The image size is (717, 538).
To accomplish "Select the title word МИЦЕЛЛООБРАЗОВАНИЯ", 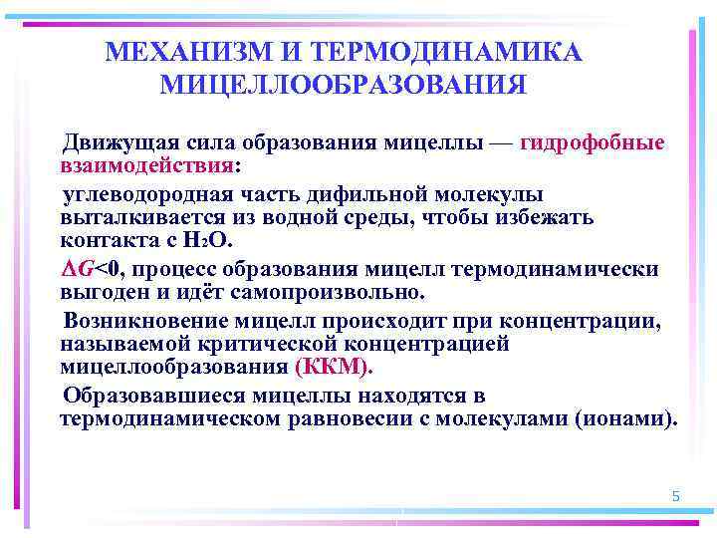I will (x=343, y=85).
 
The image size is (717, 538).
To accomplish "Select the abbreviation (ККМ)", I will (x=333, y=367).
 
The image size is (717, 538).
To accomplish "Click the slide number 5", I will (x=676, y=496).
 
